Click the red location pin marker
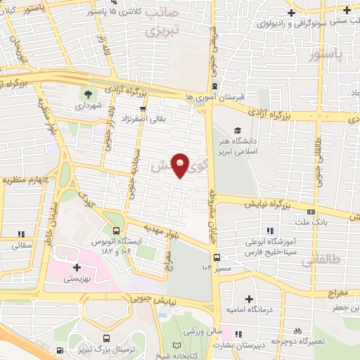pyautogui.click(x=180, y=164)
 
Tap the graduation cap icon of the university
pyautogui.click(x=238, y=130)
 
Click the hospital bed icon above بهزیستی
pyautogui.click(x=77, y=266)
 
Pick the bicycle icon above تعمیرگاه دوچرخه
pyautogui.click(x=297, y=330)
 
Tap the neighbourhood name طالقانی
pyautogui.click(x=320, y=261)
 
